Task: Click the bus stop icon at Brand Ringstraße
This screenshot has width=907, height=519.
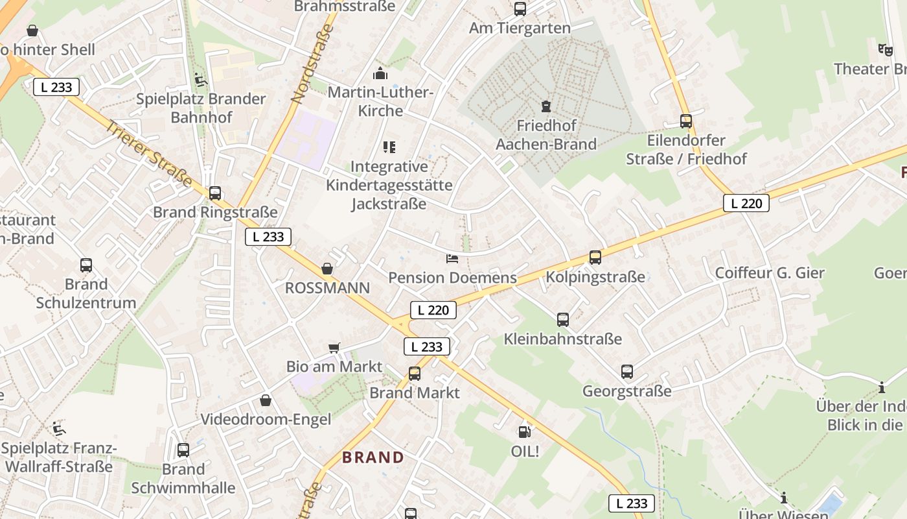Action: pos(215,193)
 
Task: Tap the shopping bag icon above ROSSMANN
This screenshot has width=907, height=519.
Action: pos(327,269)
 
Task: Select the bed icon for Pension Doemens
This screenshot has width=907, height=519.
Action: pos(452,259)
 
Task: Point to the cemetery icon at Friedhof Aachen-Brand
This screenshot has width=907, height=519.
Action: pos(546,106)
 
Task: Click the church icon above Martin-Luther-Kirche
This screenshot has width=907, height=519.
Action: pos(380,73)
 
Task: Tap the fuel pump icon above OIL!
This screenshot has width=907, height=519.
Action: pos(523,431)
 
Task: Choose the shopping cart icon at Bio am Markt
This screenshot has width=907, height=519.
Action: pos(334,348)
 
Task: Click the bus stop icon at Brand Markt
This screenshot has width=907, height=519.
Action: pos(415,373)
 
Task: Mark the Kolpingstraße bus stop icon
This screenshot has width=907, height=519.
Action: pos(595,258)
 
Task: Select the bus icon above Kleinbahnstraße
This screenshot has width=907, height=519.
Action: pos(563,319)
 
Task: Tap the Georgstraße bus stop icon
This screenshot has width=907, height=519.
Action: pos(627,372)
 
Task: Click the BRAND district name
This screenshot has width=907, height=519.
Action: pos(373,457)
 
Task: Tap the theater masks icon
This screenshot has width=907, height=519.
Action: pos(886,49)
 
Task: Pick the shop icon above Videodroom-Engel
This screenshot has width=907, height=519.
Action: pos(266,400)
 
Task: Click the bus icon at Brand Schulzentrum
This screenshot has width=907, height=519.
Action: pos(86,265)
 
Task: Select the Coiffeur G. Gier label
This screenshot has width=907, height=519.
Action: pos(770,273)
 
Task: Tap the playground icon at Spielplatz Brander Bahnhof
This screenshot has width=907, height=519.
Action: pos(201,80)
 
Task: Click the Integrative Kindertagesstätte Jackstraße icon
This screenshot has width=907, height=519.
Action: pos(389,147)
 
